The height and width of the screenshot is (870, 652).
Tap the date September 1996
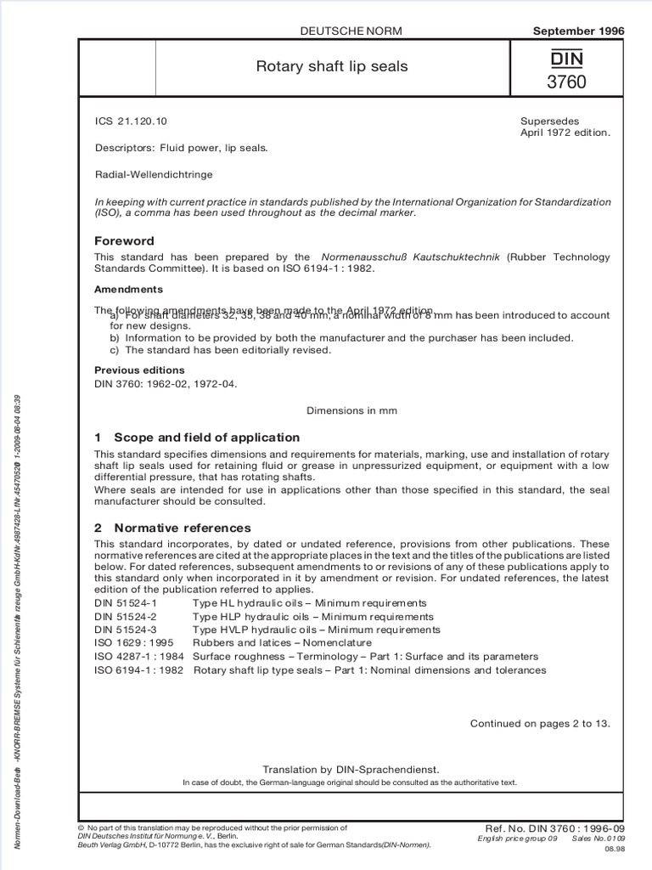pos(577,31)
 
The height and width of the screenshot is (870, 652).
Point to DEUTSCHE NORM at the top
pos(351,31)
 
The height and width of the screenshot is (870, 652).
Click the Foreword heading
pos(124,241)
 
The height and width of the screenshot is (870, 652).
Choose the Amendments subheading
pos(127,290)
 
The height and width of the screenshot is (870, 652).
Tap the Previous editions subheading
pos(139,370)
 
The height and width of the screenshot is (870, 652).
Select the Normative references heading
pos(172,528)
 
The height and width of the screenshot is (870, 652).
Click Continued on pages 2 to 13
pos(540,724)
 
